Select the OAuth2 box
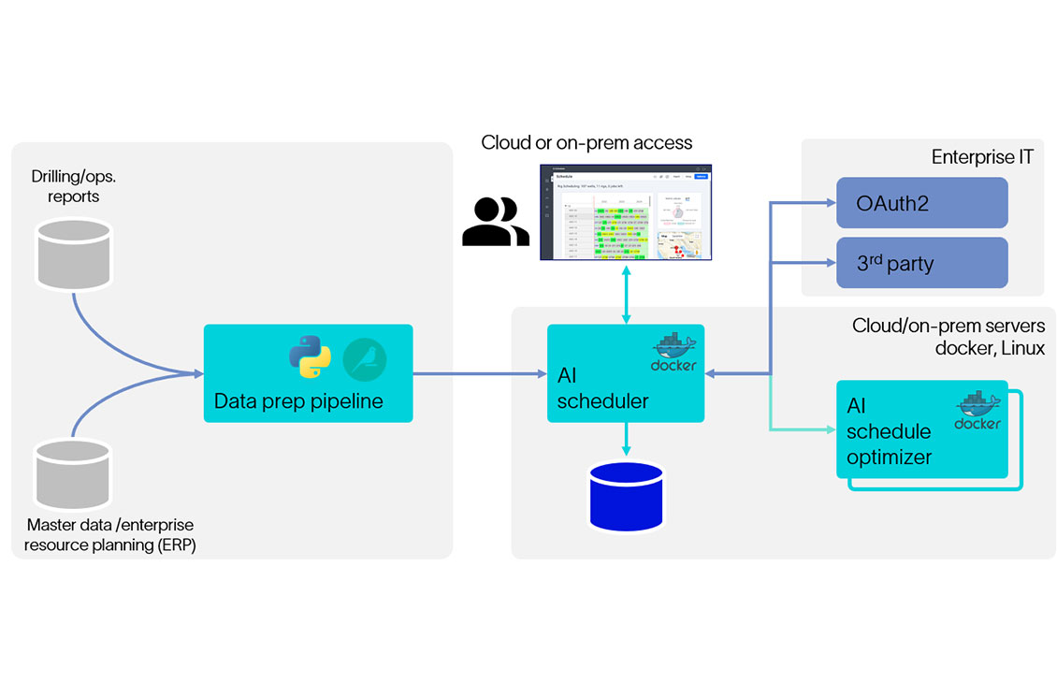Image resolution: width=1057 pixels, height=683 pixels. [x=921, y=202]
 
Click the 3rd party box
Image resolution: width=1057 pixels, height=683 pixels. [x=921, y=263]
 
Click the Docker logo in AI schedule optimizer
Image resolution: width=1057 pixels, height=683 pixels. [x=977, y=410]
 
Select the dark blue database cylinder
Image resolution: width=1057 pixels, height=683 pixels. [x=626, y=495]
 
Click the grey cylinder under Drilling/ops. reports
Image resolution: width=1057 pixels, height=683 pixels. [x=73, y=254]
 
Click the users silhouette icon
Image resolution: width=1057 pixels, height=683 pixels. [x=495, y=222]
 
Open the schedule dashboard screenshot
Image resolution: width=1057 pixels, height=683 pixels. [x=625, y=212]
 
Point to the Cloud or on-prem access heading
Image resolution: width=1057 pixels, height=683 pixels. [x=586, y=143]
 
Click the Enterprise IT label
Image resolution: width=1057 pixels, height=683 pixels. [x=982, y=157]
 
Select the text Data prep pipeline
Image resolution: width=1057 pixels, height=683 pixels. [x=297, y=401]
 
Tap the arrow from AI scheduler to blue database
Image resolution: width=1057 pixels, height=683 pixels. [x=626, y=440]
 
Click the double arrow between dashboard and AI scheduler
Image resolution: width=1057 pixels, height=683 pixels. [x=626, y=293]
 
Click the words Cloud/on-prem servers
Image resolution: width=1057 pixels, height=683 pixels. [x=948, y=326]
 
